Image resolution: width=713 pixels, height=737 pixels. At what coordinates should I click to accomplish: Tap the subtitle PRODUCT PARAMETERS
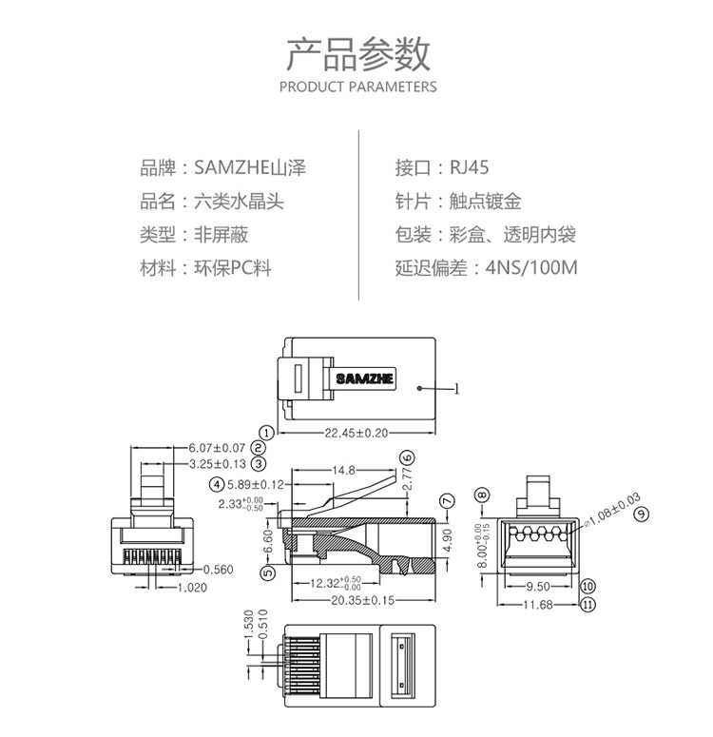(357, 87)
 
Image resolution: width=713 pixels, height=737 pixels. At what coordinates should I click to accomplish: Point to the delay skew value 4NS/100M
(530, 268)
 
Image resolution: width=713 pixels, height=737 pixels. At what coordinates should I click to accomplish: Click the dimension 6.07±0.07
(217, 447)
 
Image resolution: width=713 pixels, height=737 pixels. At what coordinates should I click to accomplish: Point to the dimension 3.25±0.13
(217, 464)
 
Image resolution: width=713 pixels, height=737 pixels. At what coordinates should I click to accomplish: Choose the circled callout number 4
(217, 484)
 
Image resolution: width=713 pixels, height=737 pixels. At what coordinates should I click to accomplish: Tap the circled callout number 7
(447, 501)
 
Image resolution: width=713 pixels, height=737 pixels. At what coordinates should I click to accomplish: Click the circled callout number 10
(588, 587)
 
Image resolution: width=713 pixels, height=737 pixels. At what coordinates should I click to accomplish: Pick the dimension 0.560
(218, 570)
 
